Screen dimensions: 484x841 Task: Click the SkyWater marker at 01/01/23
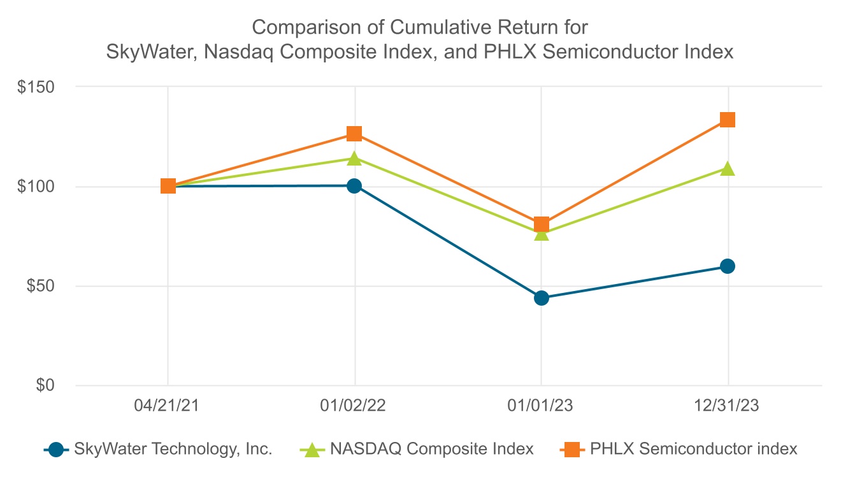point(542,297)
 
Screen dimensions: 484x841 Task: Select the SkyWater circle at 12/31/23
point(728,266)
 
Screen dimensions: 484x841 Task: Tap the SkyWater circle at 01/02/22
point(354,186)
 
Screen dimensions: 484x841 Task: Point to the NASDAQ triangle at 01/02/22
point(354,158)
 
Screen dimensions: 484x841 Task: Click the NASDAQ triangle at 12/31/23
point(728,169)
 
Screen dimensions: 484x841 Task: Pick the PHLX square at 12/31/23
point(728,120)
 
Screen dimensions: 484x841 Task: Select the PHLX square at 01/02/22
point(354,134)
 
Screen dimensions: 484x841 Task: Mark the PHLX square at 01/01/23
point(542,224)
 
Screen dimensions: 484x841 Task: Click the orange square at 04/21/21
point(168,186)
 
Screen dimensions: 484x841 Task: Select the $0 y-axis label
point(45,385)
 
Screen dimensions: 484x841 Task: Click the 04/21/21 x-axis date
point(168,406)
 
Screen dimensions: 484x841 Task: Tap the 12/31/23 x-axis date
point(728,406)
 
